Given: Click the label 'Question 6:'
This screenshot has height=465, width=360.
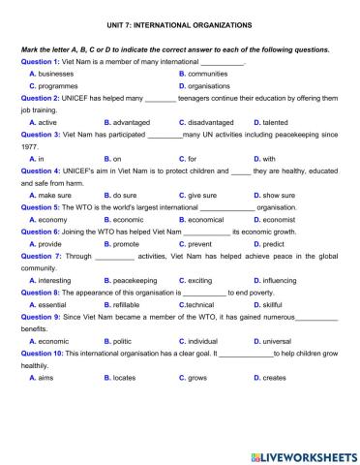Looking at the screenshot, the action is point(40,232).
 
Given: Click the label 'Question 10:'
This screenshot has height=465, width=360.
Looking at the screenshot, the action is point(42,354).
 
